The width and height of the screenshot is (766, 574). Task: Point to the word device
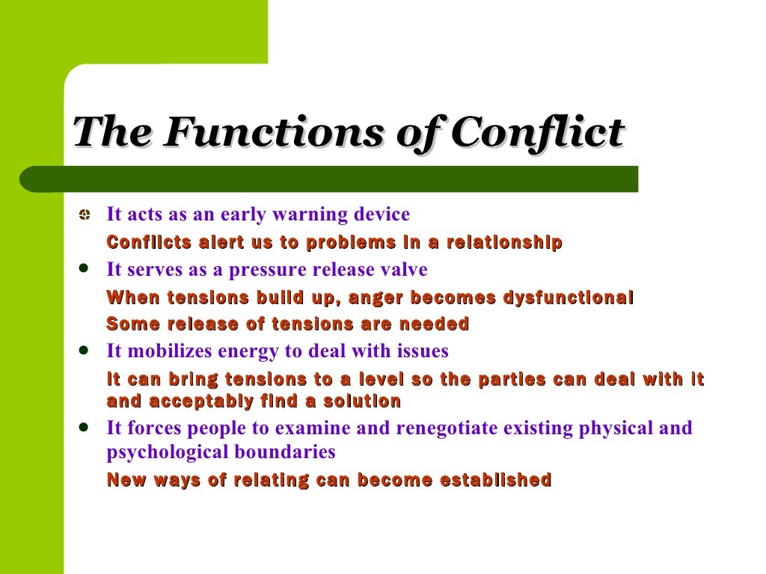[x=382, y=215]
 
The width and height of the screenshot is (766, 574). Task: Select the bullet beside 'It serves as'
[x=85, y=268]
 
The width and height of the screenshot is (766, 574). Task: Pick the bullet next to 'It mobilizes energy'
[x=85, y=349]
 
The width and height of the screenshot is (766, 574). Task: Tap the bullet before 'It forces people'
[x=85, y=427]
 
